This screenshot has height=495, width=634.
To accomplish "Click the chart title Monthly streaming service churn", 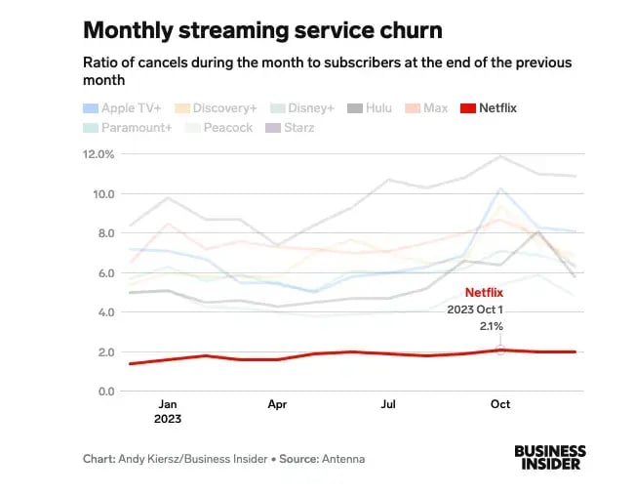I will pos(260,30).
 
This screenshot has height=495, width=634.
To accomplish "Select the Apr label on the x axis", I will pos(277,403).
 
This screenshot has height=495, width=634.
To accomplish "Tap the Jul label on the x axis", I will pos(388,403).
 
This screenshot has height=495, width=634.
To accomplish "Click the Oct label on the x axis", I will pos(500,403).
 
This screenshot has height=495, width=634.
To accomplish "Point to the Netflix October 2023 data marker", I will pos(500,350).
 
